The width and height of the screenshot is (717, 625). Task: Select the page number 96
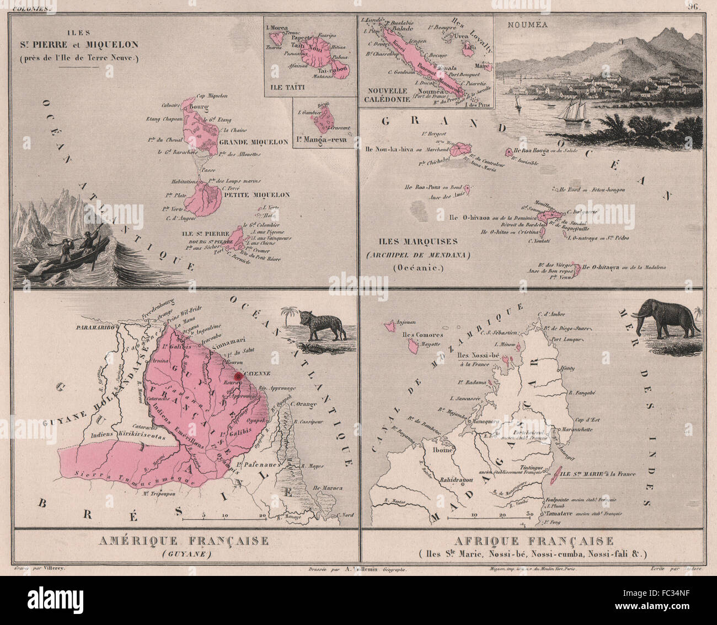693,7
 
